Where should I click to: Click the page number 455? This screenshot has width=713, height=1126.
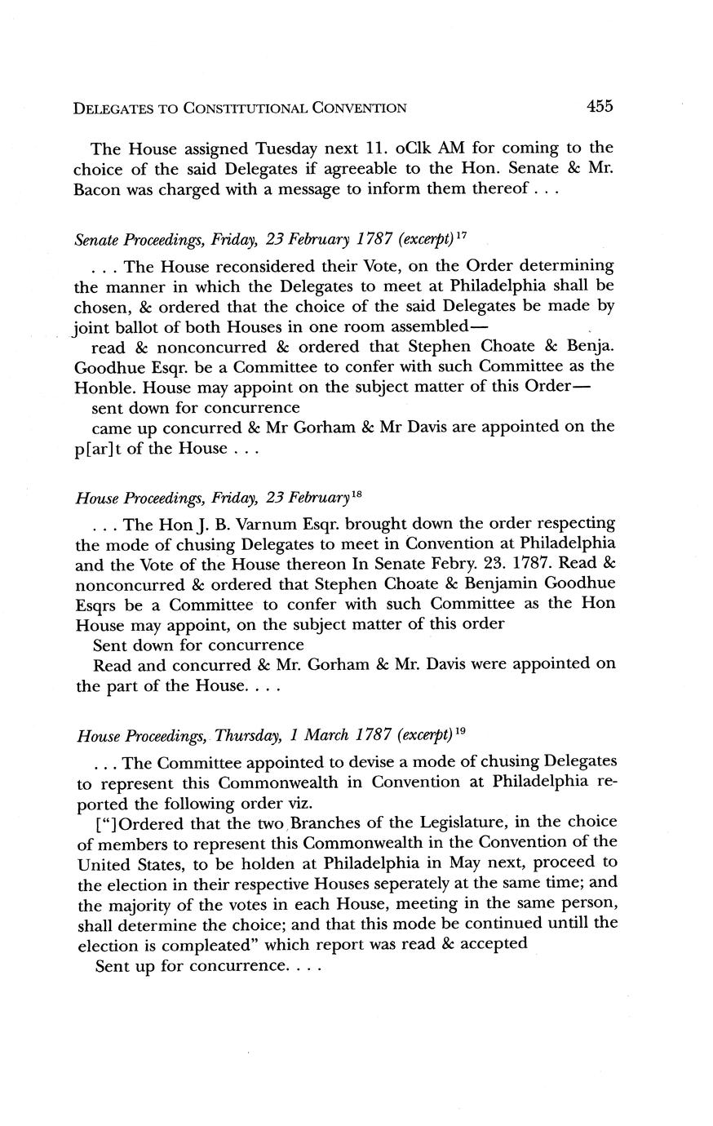click(598, 105)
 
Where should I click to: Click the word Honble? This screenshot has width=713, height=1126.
click(104, 387)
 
